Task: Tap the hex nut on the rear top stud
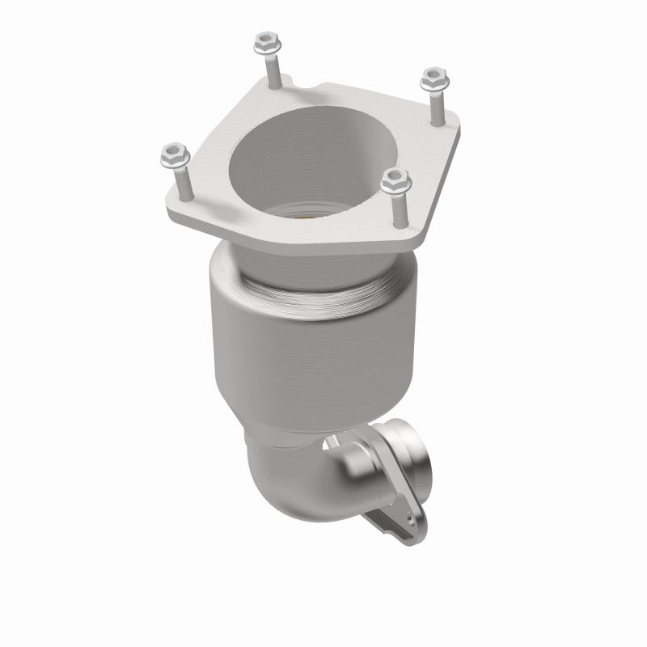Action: [265, 40]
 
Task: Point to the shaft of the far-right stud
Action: [436, 105]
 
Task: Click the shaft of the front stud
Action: [397, 209]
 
